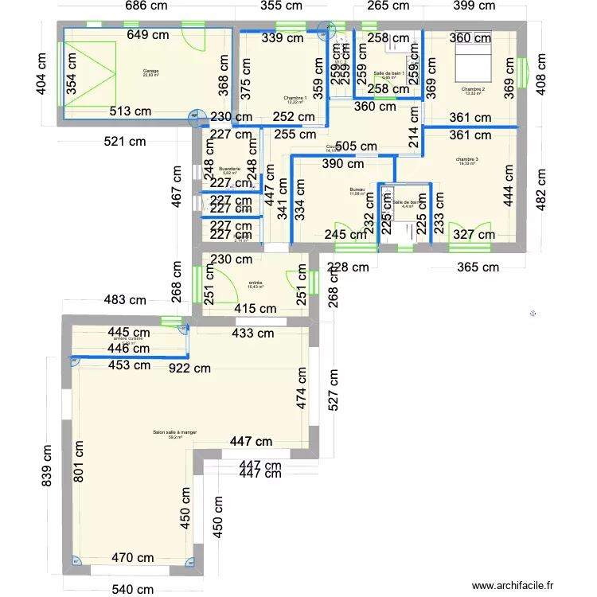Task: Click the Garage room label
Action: (x=151, y=72)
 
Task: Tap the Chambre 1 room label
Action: (x=295, y=99)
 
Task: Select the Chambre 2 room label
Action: (x=472, y=89)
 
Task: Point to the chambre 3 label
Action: (x=467, y=160)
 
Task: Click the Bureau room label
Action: (x=357, y=189)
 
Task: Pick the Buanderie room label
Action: (x=229, y=169)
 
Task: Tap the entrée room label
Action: (x=256, y=283)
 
